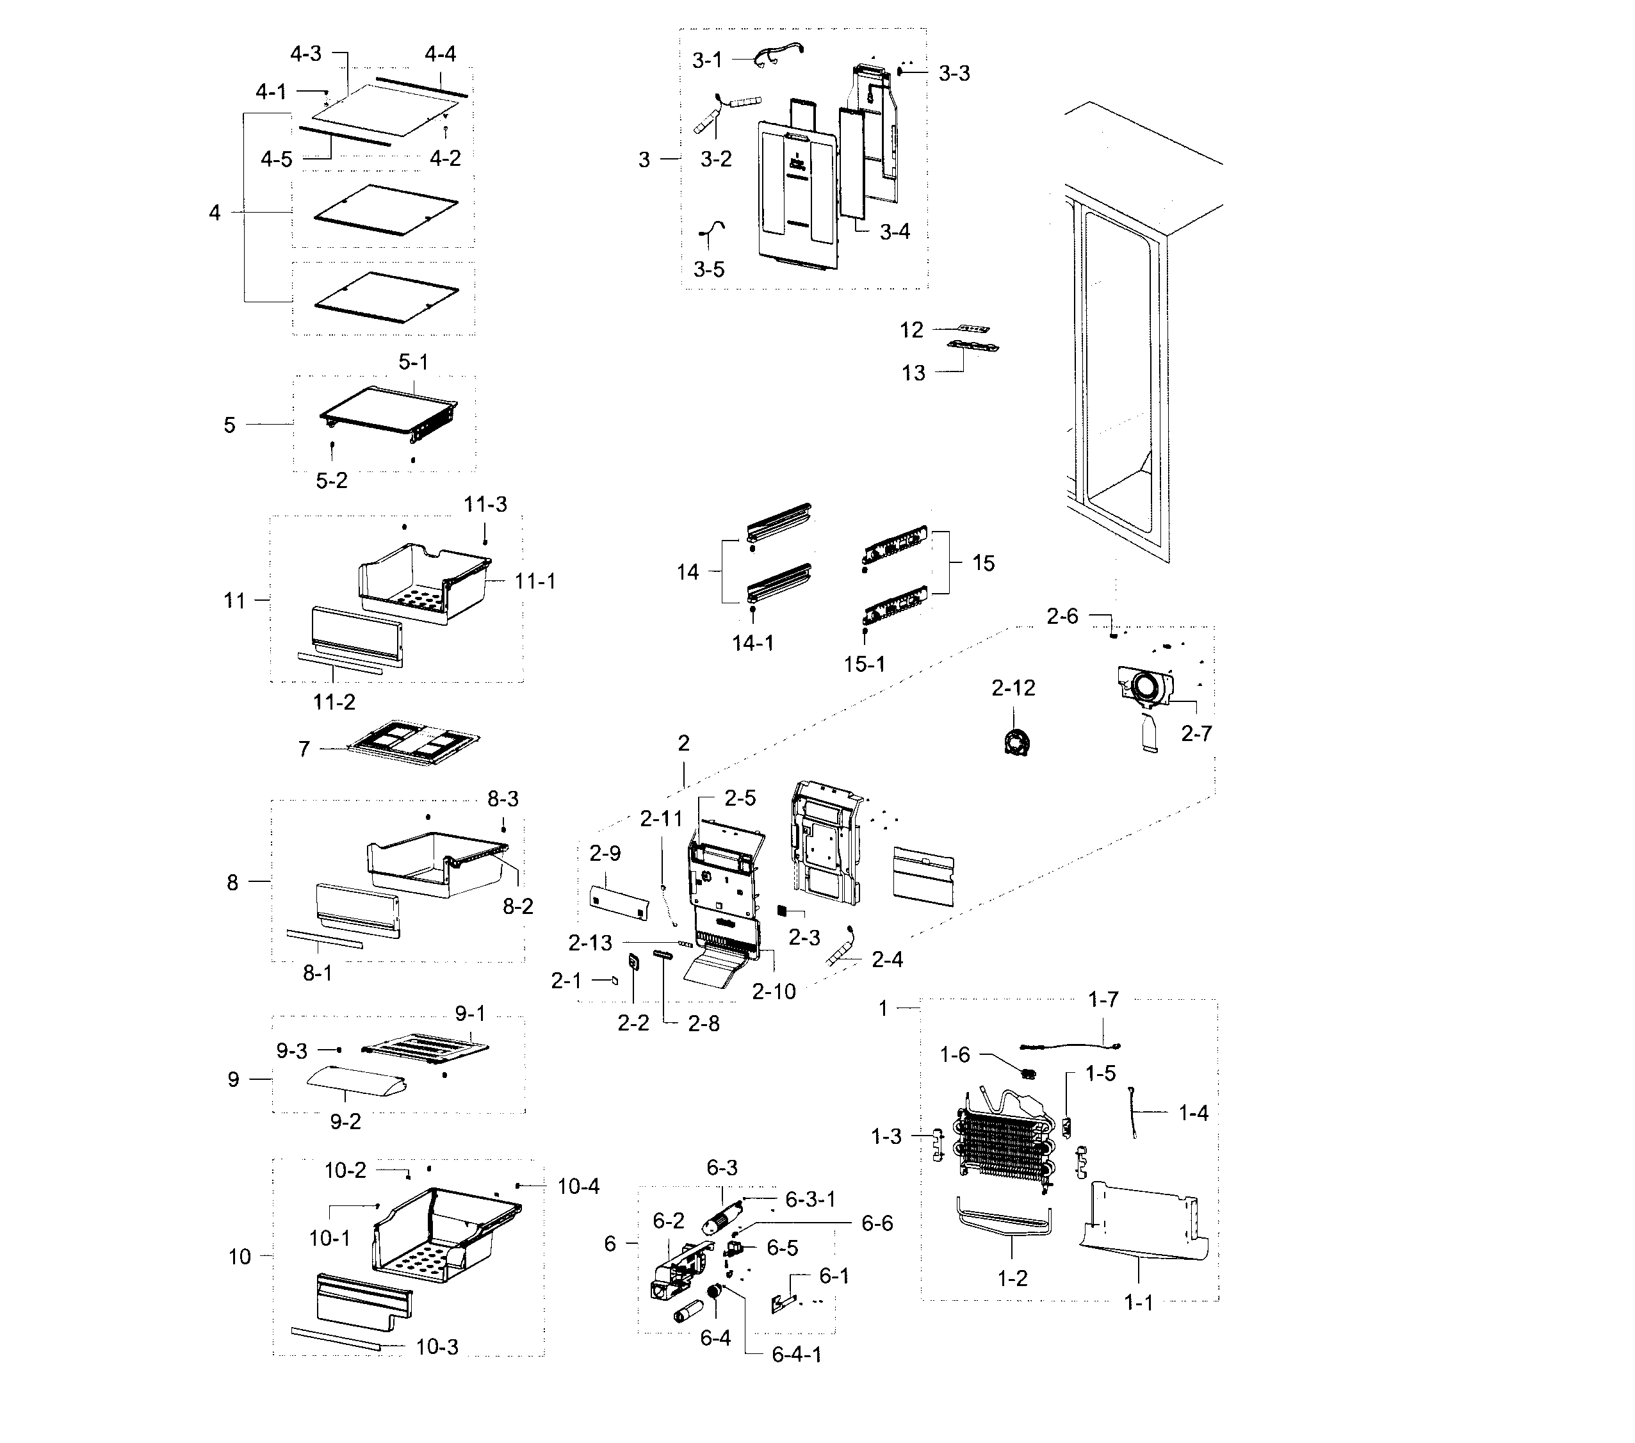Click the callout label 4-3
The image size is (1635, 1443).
(305, 54)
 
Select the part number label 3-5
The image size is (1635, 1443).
(709, 270)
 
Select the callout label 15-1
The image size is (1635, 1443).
(865, 664)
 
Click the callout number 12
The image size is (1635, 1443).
(911, 330)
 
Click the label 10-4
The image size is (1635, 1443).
(578, 1186)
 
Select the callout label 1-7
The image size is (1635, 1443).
(1103, 1000)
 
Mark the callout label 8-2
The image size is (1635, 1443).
(517, 906)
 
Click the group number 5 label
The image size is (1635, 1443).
(229, 425)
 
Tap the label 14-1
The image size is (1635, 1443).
(752, 642)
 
